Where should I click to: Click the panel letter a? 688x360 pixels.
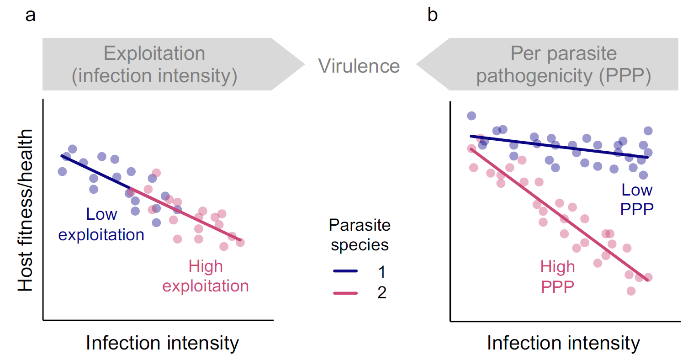(x=30, y=16)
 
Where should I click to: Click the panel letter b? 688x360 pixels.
(x=432, y=16)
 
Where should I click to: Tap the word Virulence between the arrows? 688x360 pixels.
(x=359, y=66)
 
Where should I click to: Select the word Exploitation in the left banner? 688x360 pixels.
(x=154, y=54)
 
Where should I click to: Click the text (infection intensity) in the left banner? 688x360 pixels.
(x=154, y=76)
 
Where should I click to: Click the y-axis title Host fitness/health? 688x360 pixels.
(x=26, y=210)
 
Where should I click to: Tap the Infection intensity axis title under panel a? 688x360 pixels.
(x=162, y=343)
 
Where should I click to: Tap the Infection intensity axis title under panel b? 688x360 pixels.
(x=563, y=343)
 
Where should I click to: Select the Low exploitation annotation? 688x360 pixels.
(x=101, y=225)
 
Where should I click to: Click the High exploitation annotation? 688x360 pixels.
(x=206, y=276)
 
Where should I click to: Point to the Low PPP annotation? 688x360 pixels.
(x=637, y=199)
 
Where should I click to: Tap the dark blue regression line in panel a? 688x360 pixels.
(x=96, y=172)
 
